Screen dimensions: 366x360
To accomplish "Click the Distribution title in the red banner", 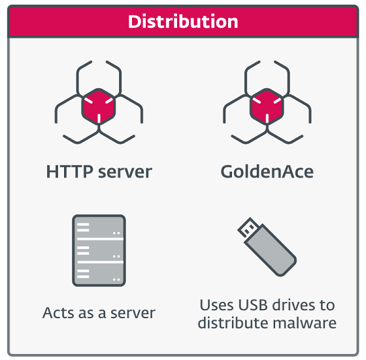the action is (183, 22).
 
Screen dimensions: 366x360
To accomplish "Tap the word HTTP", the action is (69, 172).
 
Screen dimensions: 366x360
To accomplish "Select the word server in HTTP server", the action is (125, 173).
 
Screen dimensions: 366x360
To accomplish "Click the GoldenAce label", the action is (267, 172).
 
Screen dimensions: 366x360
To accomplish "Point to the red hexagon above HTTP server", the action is (99, 106).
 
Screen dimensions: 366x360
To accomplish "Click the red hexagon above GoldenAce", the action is (267, 106).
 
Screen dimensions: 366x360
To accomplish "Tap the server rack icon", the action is (99, 251).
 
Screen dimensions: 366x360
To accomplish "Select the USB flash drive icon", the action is (267, 247).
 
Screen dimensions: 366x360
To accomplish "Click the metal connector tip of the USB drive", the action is (248, 227).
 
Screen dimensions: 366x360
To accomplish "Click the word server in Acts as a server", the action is (133, 314).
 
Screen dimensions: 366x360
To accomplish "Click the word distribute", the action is (233, 323).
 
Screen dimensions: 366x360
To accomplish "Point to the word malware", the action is (305, 323).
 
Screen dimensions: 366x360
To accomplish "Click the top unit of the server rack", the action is (99, 227).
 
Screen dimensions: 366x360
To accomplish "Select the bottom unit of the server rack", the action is (99, 274).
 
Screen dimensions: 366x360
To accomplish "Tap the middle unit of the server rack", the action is (99, 251).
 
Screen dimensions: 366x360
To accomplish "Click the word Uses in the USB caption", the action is (217, 305).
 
